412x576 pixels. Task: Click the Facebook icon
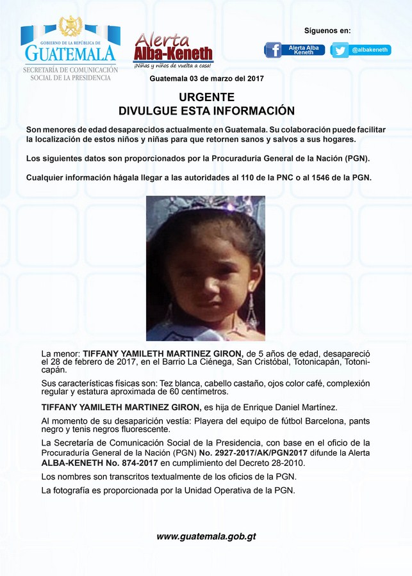[x=274, y=50]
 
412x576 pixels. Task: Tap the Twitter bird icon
[x=340, y=50]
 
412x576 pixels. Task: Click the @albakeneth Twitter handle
[x=371, y=50]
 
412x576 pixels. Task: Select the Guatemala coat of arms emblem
[x=70, y=27]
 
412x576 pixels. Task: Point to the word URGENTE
[x=206, y=97]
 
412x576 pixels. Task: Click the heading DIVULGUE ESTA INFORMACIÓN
[x=206, y=111]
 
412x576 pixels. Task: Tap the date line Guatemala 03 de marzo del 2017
[x=206, y=79]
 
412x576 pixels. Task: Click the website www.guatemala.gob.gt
[x=206, y=536]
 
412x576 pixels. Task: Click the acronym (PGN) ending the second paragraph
[x=356, y=158]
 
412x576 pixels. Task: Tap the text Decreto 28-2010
[x=280, y=463]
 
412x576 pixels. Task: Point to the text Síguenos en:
[x=327, y=31]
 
